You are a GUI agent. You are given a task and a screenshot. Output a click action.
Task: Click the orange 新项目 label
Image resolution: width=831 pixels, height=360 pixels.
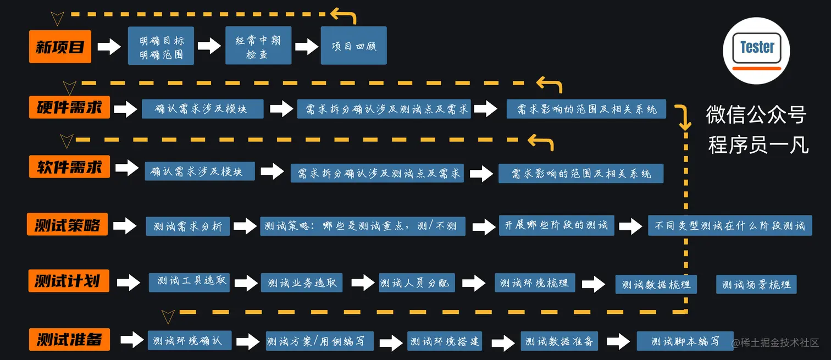[60, 47]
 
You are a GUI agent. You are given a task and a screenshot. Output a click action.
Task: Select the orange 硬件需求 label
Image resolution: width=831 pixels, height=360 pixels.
[69, 107]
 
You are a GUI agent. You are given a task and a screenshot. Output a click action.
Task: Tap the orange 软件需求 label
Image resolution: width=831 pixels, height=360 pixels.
[69, 167]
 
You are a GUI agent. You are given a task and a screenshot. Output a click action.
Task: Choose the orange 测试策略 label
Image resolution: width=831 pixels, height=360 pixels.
[67, 225]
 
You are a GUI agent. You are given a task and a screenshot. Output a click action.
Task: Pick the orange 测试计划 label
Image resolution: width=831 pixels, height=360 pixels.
[68, 281]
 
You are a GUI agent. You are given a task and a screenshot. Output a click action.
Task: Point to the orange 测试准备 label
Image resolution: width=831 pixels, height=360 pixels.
[69, 339]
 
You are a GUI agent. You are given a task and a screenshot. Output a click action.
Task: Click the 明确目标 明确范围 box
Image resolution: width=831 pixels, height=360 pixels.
[161, 48]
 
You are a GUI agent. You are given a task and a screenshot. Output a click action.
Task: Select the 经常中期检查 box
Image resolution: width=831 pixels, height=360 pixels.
[258, 48]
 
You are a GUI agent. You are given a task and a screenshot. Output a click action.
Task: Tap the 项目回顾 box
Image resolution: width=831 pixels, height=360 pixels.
[354, 46]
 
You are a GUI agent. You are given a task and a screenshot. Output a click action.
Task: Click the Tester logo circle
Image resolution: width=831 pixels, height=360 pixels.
[756, 51]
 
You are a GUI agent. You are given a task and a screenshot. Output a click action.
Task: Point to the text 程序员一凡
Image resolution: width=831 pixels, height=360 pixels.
[758, 145]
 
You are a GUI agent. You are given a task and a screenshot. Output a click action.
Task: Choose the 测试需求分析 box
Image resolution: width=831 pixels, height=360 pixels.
[187, 226]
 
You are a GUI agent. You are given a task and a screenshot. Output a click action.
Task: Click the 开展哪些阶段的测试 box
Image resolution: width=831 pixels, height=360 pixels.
[557, 225]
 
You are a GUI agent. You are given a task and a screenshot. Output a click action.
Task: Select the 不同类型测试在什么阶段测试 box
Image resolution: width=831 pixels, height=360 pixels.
[730, 225]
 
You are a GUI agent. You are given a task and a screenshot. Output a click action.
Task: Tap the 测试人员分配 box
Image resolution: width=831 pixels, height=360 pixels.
[416, 283]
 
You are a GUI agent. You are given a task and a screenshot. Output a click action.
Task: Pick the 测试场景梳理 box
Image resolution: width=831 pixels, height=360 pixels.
[756, 285]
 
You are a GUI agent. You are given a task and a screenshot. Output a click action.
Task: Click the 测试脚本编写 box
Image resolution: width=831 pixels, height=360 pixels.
[685, 341]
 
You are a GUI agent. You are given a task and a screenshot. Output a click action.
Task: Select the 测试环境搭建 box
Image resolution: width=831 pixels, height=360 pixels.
[444, 341]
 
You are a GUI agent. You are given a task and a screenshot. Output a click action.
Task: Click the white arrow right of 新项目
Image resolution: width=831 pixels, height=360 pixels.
[109, 47]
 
